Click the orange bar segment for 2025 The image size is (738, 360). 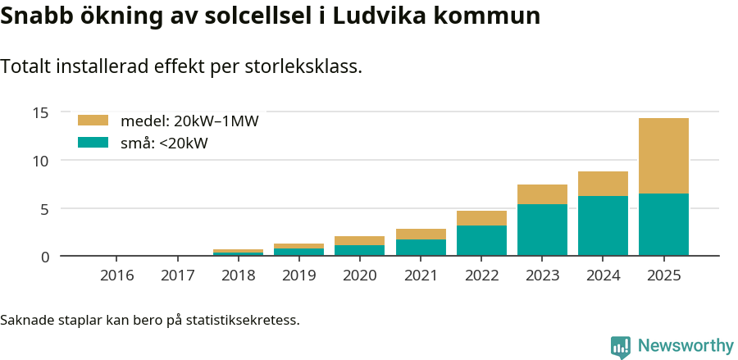point(663,156)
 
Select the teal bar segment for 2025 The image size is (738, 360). point(663,225)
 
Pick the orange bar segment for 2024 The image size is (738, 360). point(603,184)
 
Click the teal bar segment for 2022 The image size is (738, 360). point(481,240)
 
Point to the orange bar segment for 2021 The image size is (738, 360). point(421,234)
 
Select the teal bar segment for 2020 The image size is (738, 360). point(359,250)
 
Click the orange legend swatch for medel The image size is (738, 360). point(93,121)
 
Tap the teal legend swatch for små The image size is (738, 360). point(93,143)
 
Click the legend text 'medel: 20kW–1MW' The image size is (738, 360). point(189,121)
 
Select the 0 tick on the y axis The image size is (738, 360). point(45,257)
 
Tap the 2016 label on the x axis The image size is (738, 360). point(116,276)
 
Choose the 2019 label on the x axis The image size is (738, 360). point(298,276)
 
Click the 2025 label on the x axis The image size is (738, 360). point(663,276)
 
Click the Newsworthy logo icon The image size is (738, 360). point(621,346)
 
